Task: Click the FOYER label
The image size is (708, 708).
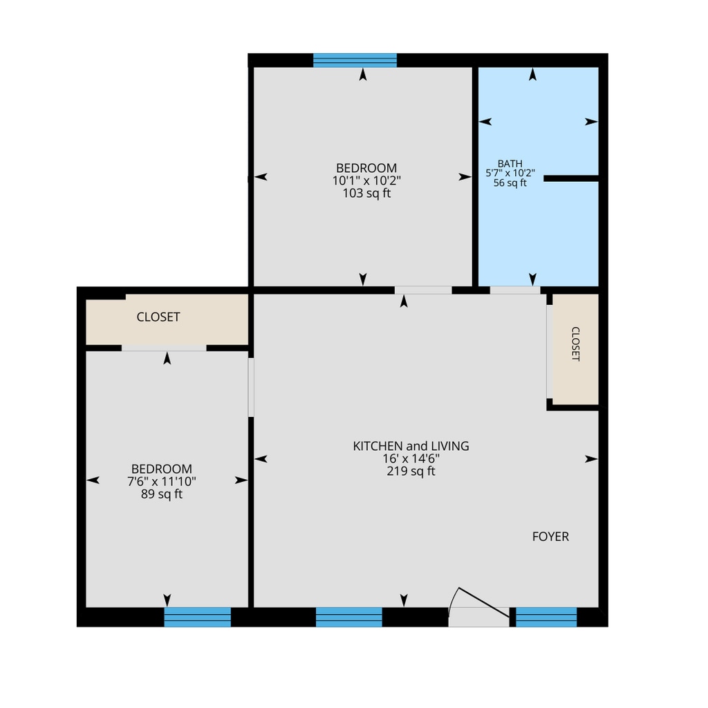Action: [x=550, y=537]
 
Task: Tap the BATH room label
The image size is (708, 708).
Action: [x=510, y=163]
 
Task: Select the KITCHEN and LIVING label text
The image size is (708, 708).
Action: [x=411, y=446]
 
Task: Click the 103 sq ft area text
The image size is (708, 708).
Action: [x=366, y=194]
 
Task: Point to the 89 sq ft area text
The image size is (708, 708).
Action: [x=162, y=494]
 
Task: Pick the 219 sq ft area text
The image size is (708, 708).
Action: [x=411, y=472]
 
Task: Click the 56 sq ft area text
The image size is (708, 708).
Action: [x=510, y=183]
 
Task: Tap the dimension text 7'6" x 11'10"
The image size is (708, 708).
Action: [x=162, y=481]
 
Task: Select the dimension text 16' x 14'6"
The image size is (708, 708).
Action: [x=411, y=459]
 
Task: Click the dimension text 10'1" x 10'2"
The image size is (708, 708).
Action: [x=366, y=180]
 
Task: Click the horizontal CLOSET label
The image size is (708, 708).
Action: [x=158, y=317]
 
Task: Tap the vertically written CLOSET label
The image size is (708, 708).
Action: [x=576, y=344]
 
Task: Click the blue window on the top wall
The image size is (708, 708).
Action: [x=355, y=61]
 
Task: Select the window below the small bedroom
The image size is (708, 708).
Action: [x=197, y=617]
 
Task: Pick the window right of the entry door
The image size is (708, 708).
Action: [x=546, y=617]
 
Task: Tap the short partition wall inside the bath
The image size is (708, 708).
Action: [x=571, y=179]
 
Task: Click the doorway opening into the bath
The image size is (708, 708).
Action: [x=515, y=290]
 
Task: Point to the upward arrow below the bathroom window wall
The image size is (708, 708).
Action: [x=533, y=74]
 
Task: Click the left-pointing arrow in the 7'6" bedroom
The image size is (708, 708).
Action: [x=93, y=480]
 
